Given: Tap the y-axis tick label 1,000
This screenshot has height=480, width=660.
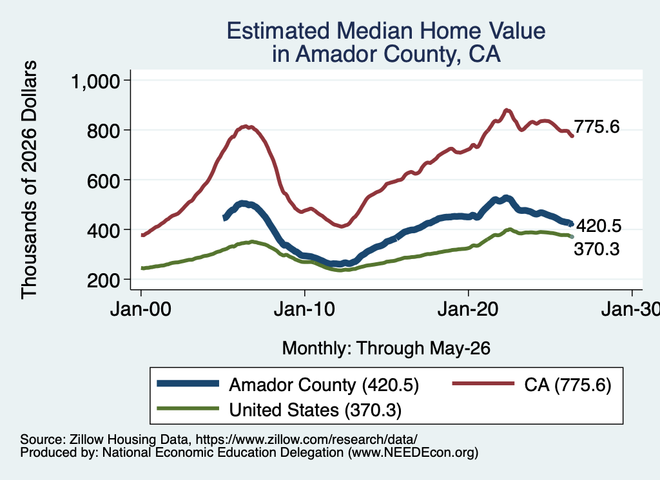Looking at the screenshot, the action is click(x=96, y=81).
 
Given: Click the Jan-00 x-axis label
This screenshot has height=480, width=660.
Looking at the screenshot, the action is click(x=141, y=309).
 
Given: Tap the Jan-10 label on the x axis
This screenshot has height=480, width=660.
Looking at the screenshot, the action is click(x=304, y=309).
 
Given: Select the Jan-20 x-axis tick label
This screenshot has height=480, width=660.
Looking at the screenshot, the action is click(x=468, y=309).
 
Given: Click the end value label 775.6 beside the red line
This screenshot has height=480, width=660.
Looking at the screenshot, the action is click(x=597, y=126).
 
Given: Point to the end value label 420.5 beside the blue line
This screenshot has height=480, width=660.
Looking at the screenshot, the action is click(x=599, y=226).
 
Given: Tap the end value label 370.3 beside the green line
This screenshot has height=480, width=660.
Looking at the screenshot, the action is click(x=597, y=249).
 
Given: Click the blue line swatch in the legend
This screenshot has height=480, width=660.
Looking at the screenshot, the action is click(x=188, y=383).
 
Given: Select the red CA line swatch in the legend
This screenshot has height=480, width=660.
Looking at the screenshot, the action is click(x=483, y=383).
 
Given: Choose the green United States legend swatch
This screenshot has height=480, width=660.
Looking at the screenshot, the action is click(x=188, y=408).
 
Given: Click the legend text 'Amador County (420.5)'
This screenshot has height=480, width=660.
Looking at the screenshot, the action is click(x=324, y=385).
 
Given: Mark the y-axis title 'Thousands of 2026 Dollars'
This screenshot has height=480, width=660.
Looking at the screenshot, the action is click(x=29, y=180).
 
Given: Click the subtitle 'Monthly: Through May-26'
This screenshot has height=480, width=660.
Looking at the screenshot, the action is click(x=386, y=349).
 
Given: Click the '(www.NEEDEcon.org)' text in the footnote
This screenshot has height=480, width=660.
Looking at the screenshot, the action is click(x=413, y=452).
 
